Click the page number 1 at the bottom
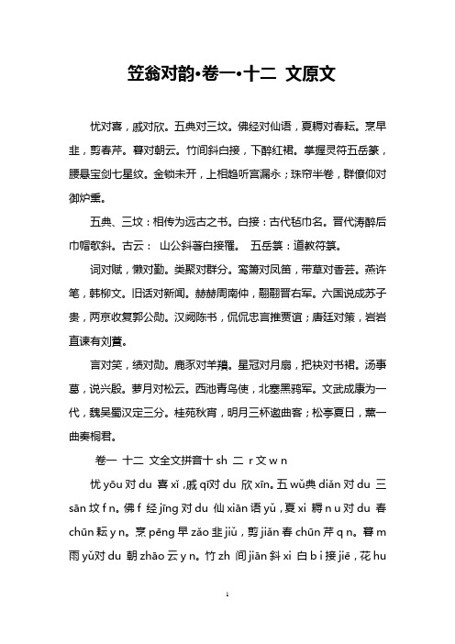[227, 621]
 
